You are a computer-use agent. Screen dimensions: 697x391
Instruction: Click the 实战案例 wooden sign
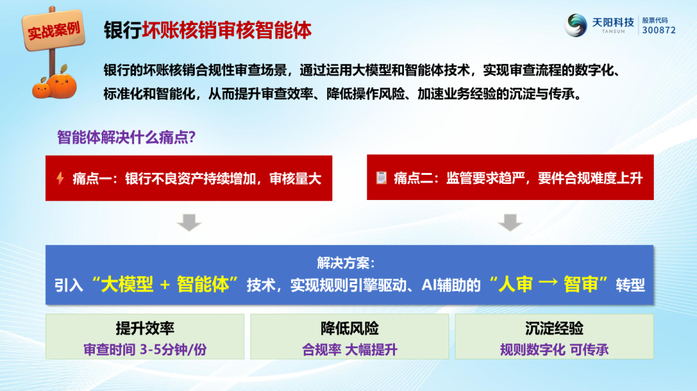click(x=54, y=30)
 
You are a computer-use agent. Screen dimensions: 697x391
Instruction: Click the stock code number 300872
click(x=659, y=30)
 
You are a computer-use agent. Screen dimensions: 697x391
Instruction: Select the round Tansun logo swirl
click(x=576, y=25)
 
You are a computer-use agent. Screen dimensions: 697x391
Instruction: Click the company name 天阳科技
click(x=613, y=22)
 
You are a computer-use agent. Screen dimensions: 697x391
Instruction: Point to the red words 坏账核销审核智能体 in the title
click(x=227, y=30)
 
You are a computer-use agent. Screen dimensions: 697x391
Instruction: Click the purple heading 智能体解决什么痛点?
click(x=126, y=137)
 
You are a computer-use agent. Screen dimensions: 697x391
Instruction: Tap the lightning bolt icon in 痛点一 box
click(x=60, y=178)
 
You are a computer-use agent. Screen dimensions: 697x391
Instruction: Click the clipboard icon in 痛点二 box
click(x=381, y=177)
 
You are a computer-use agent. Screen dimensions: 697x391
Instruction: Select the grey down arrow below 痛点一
click(x=189, y=222)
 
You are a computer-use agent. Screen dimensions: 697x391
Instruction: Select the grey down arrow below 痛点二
click(x=510, y=222)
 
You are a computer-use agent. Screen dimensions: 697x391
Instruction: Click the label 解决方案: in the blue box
click(x=346, y=263)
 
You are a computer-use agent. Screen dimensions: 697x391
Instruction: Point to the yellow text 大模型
click(x=127, y=285)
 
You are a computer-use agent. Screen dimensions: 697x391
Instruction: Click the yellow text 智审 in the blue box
click(x=581, y=285)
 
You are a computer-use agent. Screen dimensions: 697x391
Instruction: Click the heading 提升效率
click(x=145, y=328)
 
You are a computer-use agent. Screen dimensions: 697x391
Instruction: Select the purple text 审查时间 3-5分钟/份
click(x=145, y=350)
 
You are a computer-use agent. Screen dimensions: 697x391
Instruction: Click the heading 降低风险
click(x=350, y=328)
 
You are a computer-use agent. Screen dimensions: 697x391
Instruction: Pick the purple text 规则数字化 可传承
click(x=554, y=350)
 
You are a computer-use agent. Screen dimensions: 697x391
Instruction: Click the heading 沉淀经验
click(x=554, y=328)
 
